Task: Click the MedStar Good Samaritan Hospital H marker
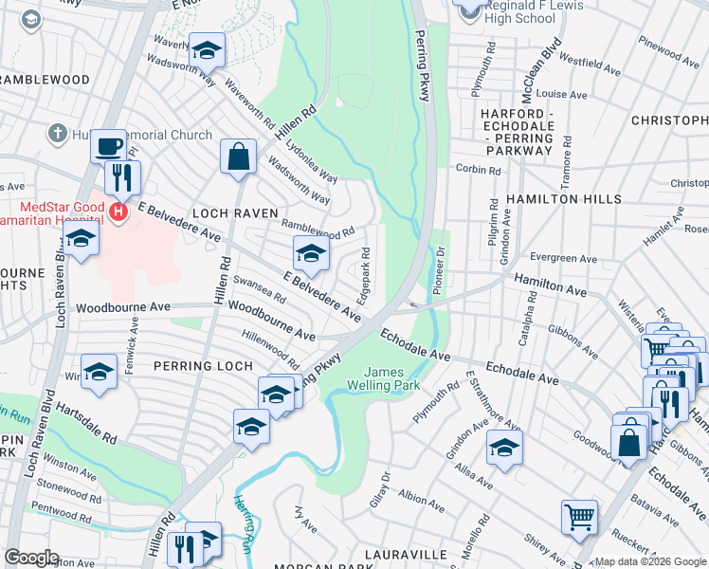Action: tap(118, 211)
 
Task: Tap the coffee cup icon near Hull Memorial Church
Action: tap(108, 147)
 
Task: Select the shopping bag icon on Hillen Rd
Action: tap(239, 156)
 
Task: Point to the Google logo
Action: tap(31, 558)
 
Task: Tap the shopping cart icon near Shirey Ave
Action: tap(579, 518)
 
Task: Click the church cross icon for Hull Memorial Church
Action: tap(58, 135)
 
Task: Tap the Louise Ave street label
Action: tap(563, 95)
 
